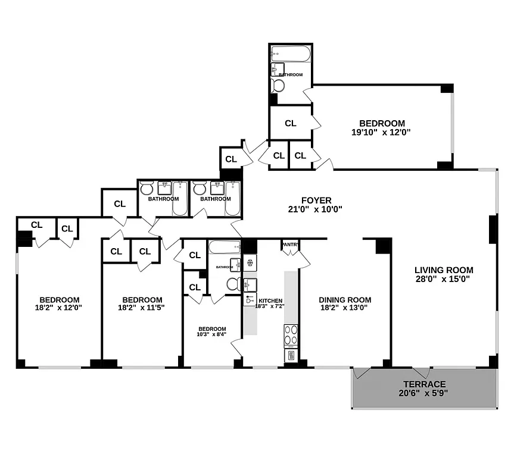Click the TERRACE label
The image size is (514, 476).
tap(423, 384)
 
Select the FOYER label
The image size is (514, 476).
tap(315, 201)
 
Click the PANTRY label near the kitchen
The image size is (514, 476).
tap(290, 244)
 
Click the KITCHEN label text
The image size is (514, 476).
tap(270, 301)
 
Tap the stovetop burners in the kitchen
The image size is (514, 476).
tap(291, 335)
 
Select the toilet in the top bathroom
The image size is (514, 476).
tap(278, 86)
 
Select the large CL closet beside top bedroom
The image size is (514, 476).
tap(290, 123)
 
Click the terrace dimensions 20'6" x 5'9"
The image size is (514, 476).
tap(423, 393)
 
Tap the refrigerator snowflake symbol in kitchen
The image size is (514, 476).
tap(250, 262)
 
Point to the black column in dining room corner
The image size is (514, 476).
tap(382, 245)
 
